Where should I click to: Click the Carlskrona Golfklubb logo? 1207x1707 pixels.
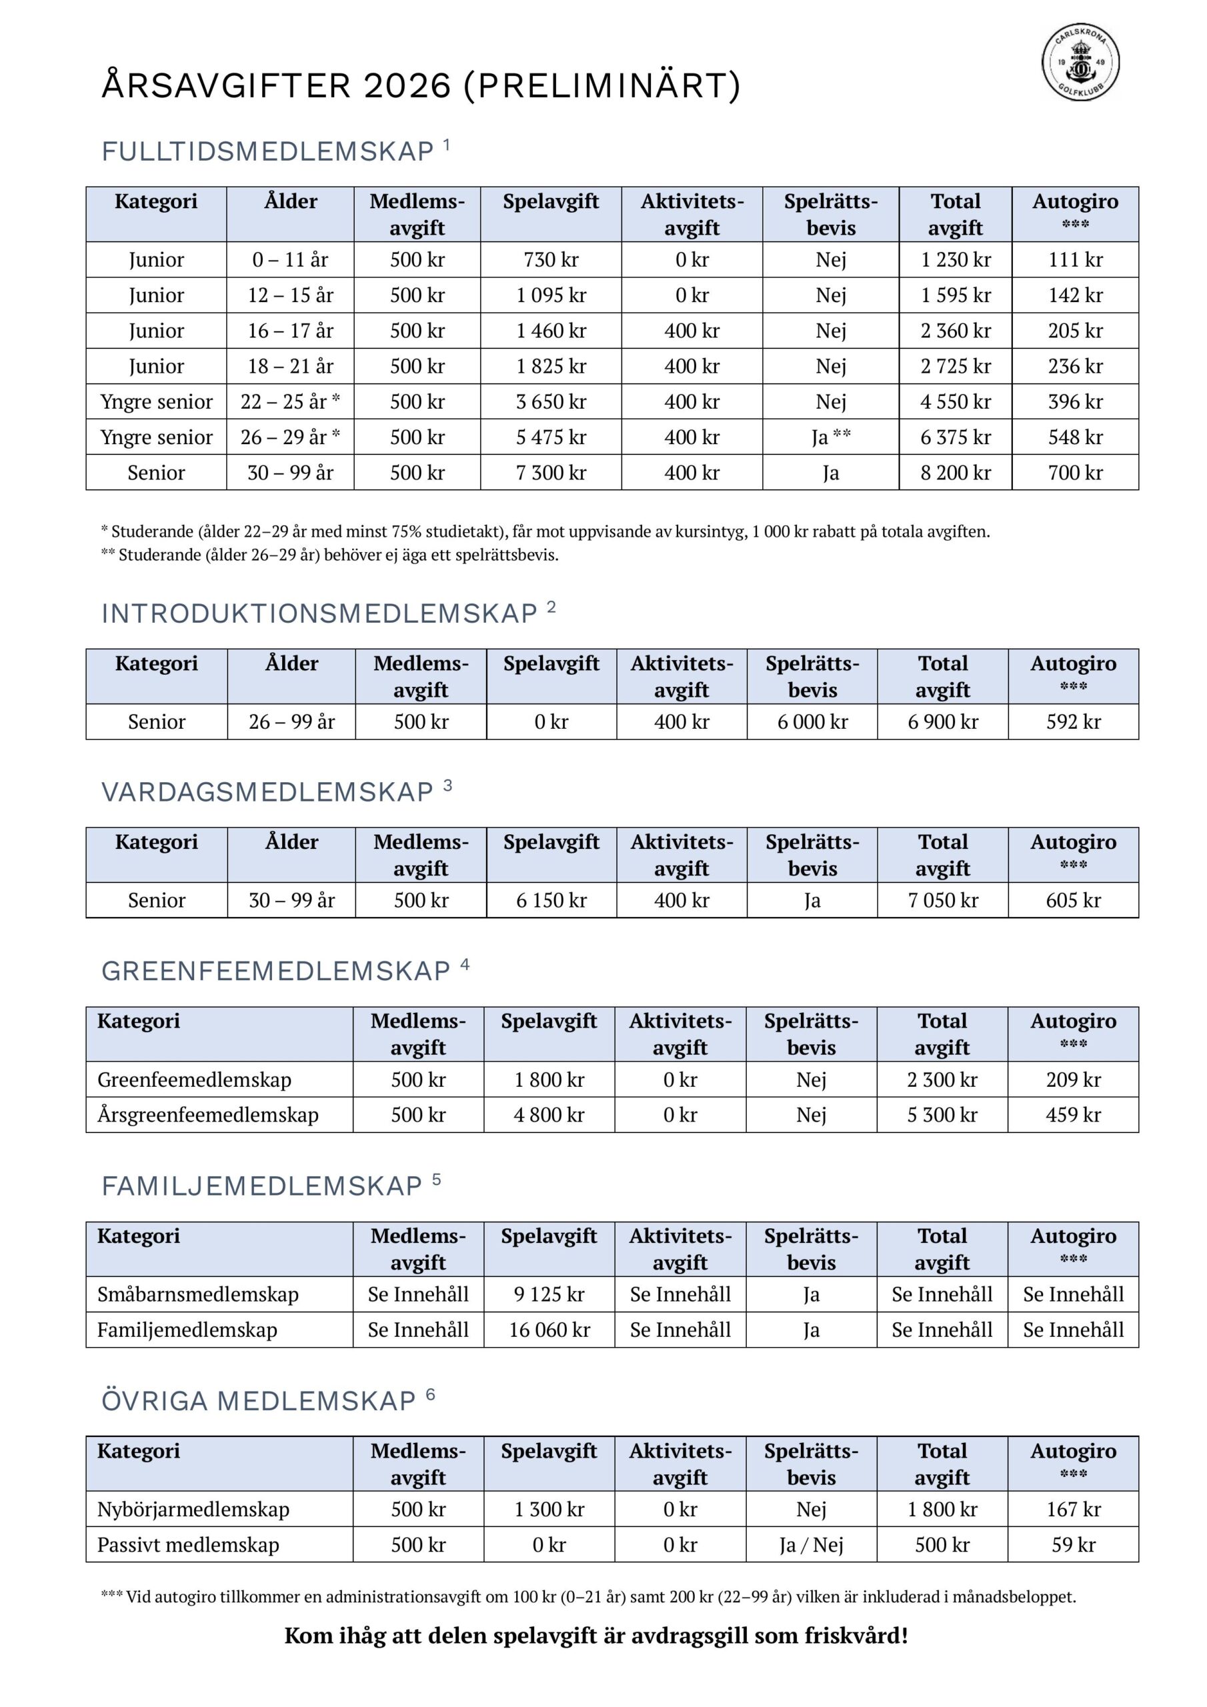(1080, 63)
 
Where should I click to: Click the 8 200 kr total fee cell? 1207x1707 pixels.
(955, 473)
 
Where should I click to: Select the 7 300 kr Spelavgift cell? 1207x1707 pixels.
(550, 473)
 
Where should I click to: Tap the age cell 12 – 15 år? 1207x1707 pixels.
(290, 295)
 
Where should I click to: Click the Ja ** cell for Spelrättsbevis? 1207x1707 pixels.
(831, 437)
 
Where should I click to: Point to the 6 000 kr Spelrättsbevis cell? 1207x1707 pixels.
(812, 722)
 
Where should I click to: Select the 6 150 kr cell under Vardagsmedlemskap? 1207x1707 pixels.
(551, 900)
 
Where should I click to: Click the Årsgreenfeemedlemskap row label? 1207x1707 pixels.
(207, 1115)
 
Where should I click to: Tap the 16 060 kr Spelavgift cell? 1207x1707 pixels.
(549, 1330)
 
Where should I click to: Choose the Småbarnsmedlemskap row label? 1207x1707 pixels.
(198, 1294)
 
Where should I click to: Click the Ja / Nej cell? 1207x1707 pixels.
(811, 1546)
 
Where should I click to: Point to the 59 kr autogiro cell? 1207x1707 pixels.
(1073, 1546)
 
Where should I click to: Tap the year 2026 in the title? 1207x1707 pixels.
(407, 86)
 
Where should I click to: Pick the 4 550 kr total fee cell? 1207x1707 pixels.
(955, 401)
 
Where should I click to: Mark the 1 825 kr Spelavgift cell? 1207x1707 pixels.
(550, 367)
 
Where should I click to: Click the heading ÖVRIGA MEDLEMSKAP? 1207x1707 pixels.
(258, 1402)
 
